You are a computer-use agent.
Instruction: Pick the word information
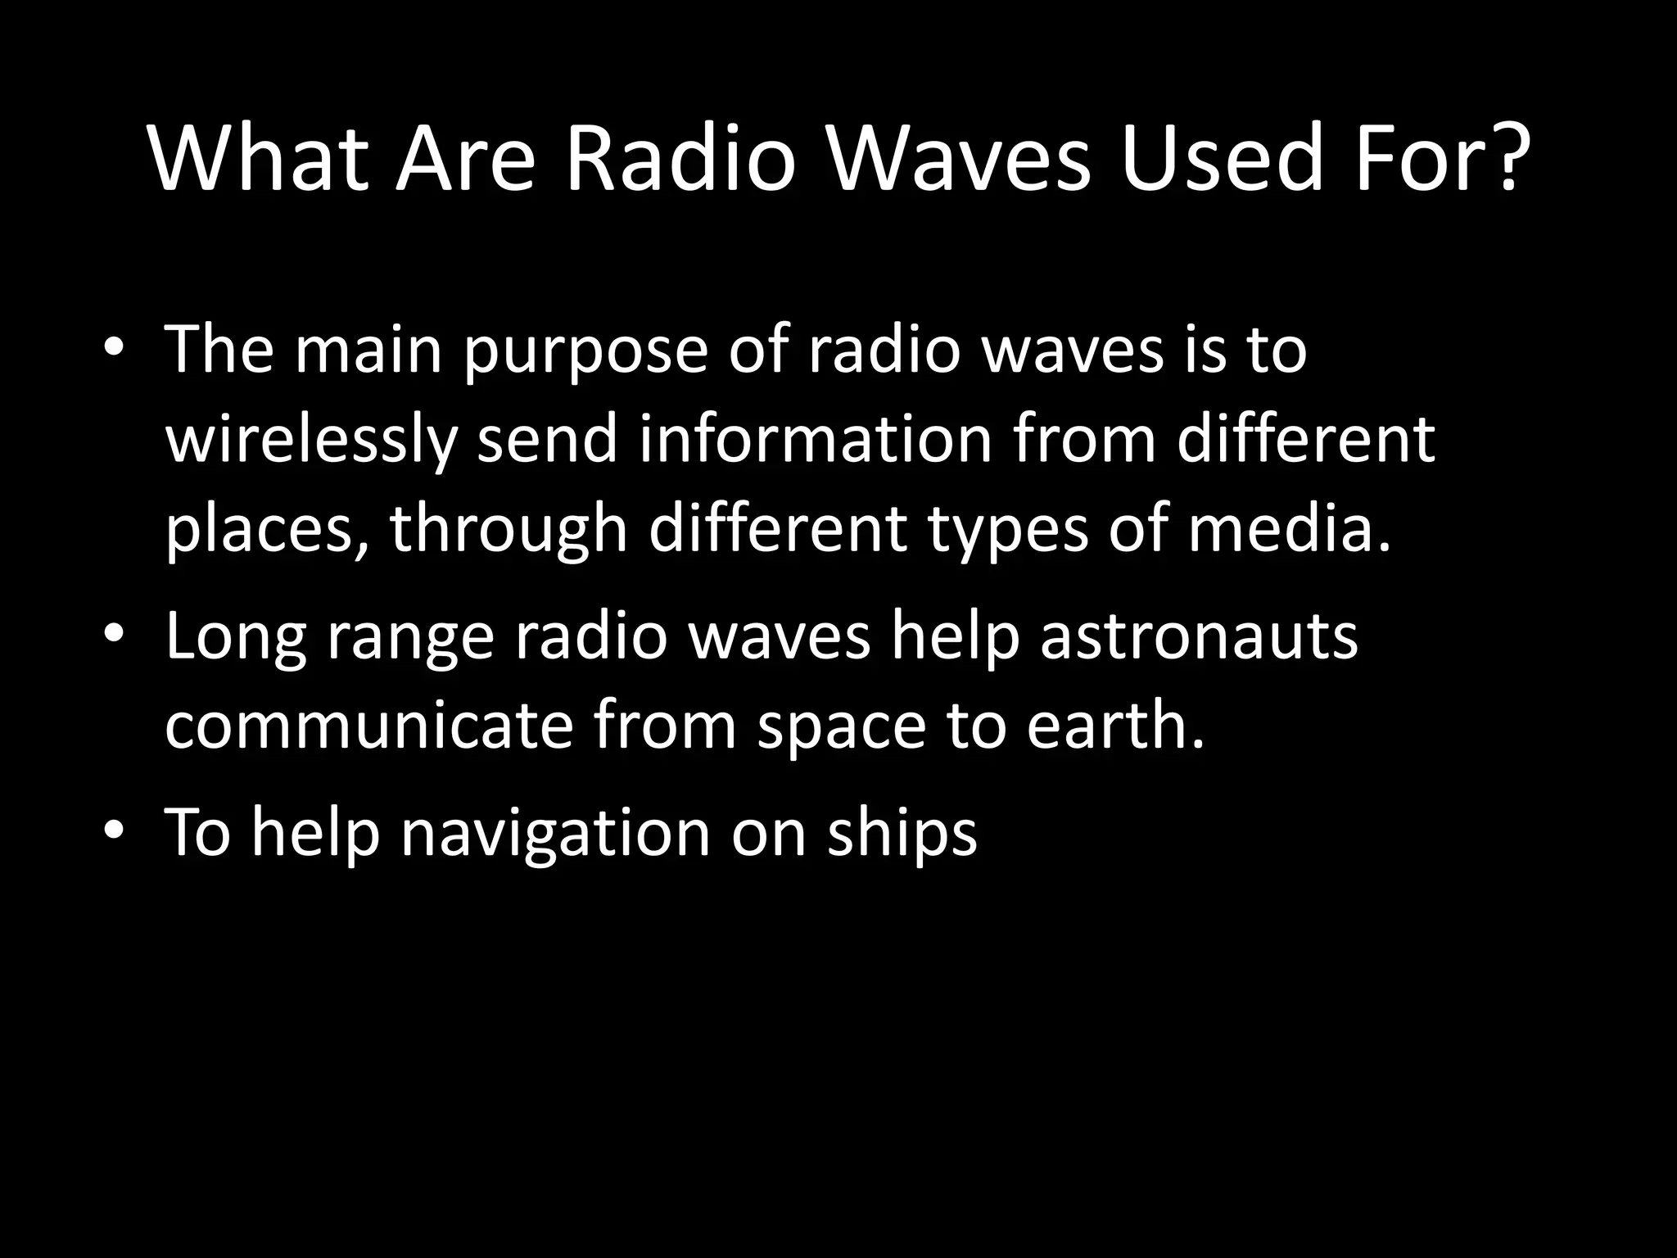pos(815,439)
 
